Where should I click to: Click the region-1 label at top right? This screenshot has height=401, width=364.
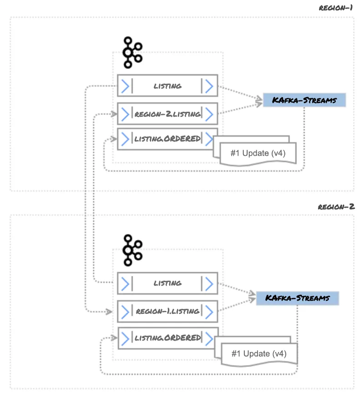336,8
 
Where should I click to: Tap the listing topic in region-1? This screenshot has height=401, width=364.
167,85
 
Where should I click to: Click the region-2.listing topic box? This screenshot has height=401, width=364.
167,114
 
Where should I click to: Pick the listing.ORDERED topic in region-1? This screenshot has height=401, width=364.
167,139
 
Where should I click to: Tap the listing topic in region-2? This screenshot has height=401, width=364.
167,283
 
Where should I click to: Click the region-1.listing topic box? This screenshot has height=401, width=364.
167,311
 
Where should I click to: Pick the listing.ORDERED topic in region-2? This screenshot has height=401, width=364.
167,338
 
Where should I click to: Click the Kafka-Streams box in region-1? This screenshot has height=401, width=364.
304,100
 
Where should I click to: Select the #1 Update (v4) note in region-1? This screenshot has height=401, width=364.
258,153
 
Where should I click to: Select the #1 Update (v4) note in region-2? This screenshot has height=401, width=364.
259,353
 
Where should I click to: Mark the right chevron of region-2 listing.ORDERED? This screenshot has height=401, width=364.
209,338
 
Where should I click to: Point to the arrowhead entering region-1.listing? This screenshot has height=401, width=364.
109,312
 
